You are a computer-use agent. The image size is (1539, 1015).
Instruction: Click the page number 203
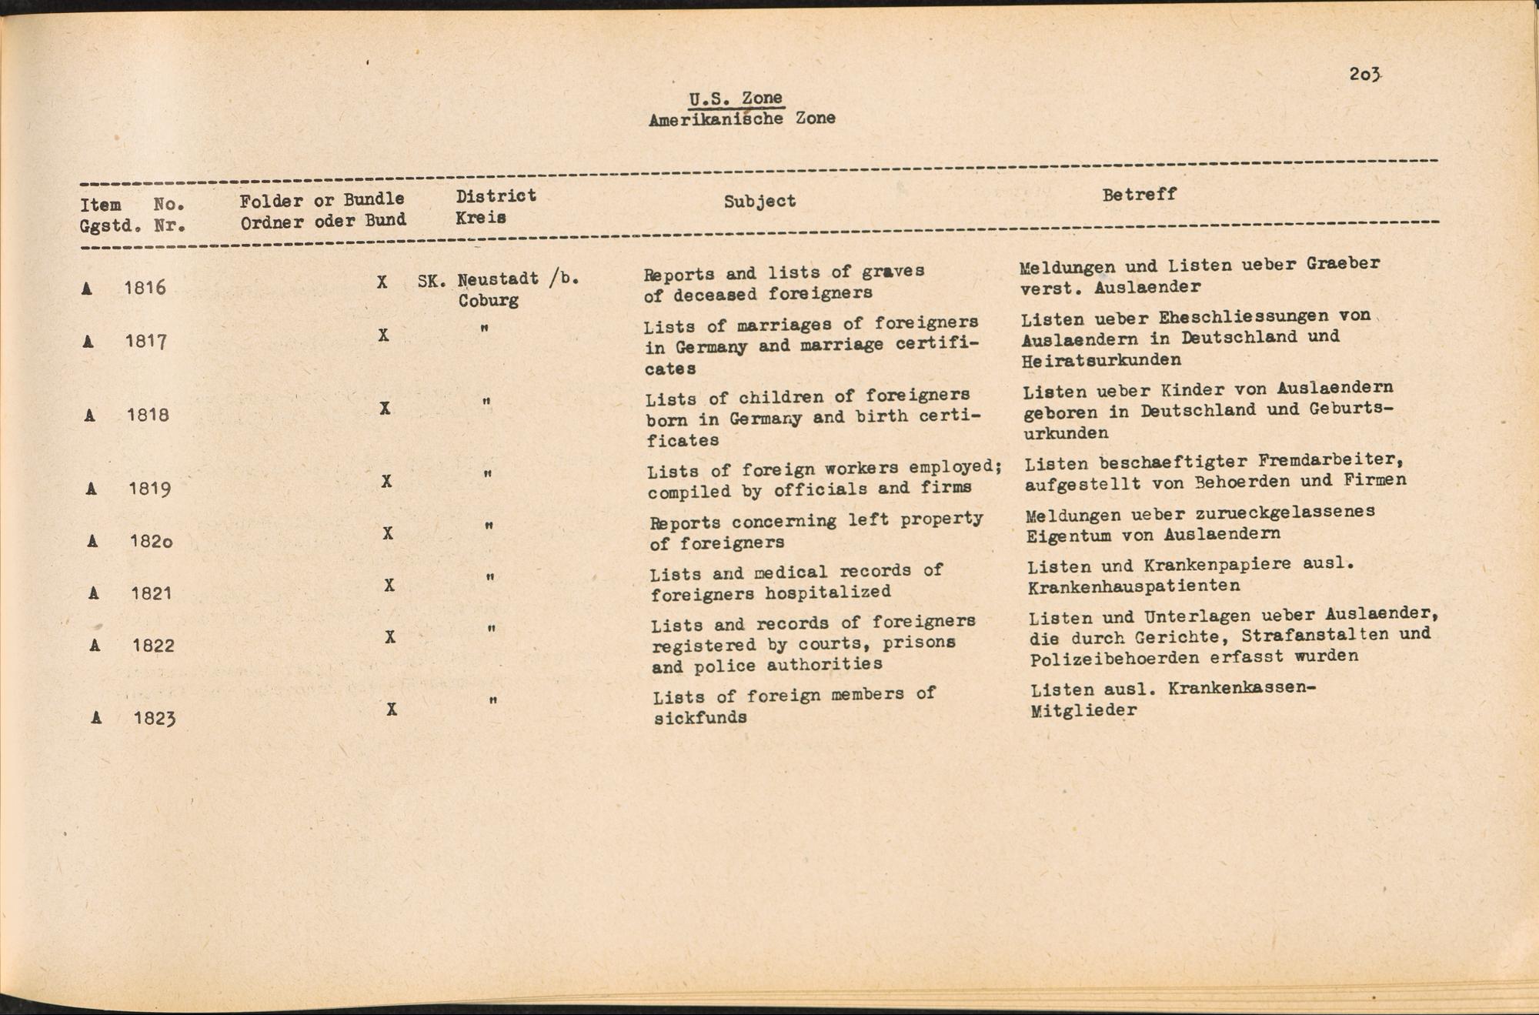(1365, 75)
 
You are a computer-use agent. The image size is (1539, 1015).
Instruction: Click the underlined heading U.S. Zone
(736, 98)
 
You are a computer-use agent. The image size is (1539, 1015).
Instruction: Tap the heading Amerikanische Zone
(742, 119)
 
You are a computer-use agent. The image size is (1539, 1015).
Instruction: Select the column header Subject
(759, 201)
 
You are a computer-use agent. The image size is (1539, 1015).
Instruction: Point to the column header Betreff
(1139, 195)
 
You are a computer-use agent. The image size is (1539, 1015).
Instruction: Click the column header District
(496, 195)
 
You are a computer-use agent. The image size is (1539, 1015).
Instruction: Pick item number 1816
(145, 288)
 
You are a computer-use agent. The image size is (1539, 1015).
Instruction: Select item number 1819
(149, 489)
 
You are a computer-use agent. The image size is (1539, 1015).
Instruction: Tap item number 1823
(154, 718)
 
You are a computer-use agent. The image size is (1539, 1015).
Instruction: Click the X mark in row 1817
(383, 336)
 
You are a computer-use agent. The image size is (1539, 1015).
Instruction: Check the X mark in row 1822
(390, 637)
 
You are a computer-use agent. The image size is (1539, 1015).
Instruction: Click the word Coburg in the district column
(488, 300)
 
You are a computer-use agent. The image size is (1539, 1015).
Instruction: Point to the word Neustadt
(497, 279)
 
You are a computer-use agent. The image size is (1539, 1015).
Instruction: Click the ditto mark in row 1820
(489, 526)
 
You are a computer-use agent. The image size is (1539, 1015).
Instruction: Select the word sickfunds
(699, 718)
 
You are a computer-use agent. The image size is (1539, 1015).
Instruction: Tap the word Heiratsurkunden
(1101, 360)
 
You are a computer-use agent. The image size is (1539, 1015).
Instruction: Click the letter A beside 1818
(90, 416)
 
